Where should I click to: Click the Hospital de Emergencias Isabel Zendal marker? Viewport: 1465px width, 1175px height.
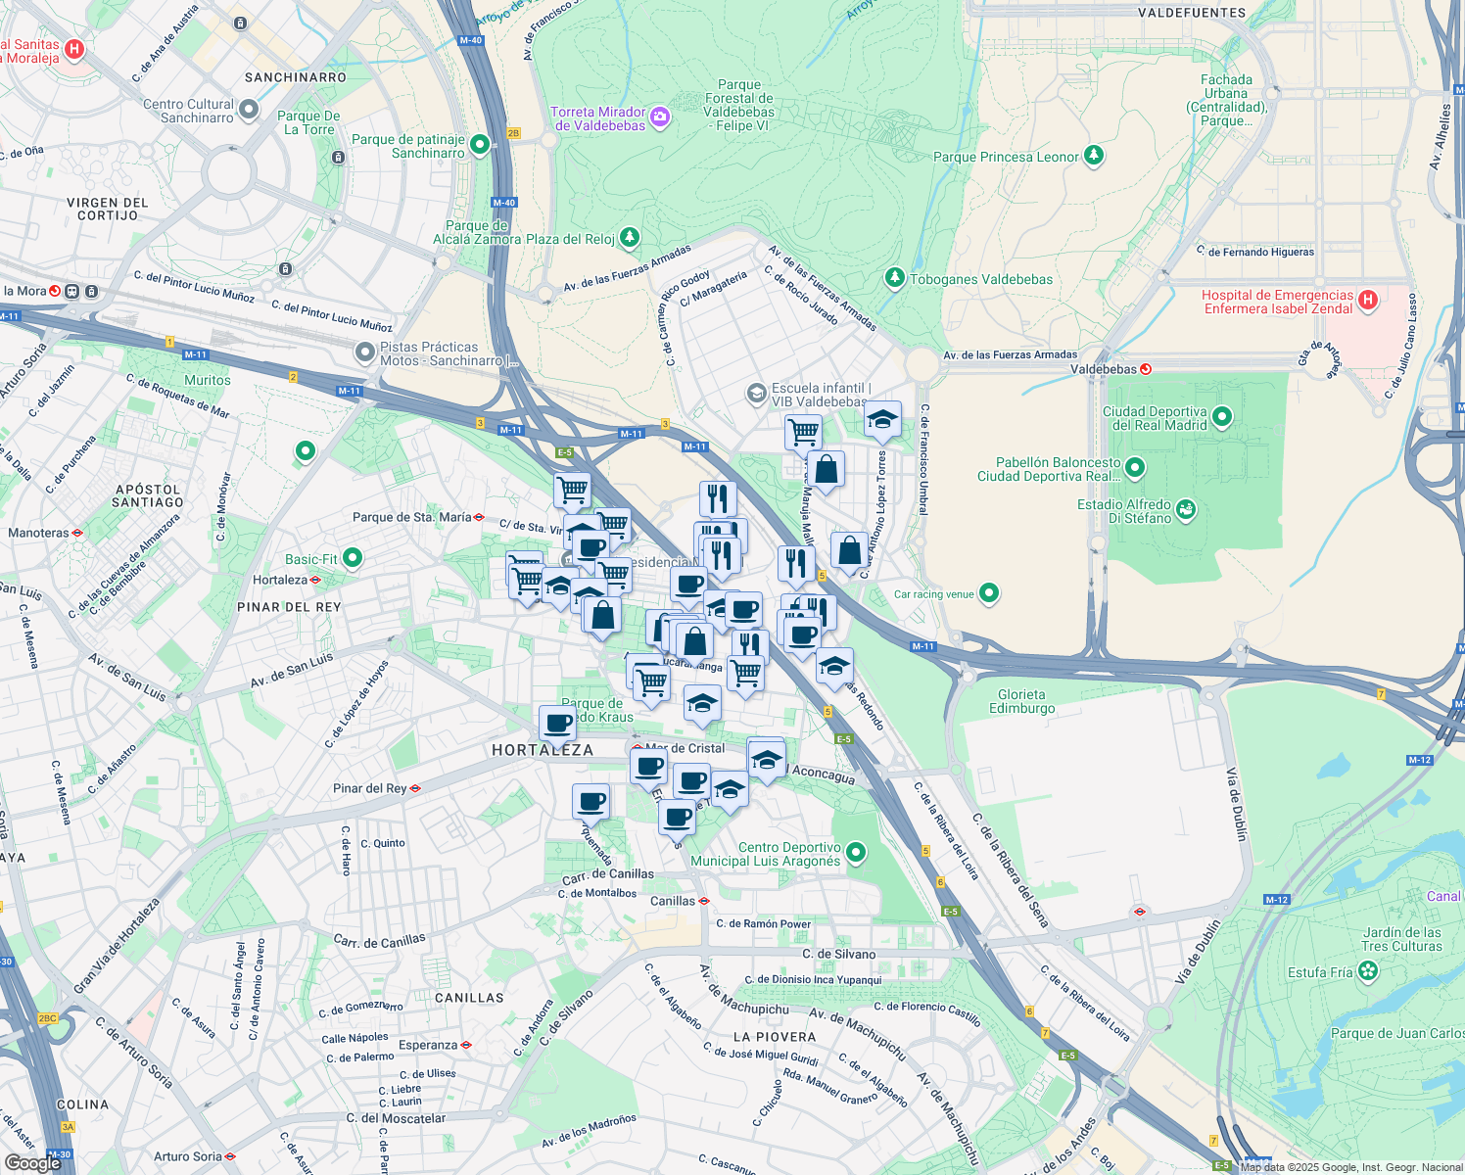[1368, 301]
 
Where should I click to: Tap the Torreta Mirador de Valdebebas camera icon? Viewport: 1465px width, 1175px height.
[660, 117]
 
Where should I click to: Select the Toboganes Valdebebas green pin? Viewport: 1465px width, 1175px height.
[894, 278]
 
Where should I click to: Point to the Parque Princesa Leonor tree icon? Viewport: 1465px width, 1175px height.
[1094, 156]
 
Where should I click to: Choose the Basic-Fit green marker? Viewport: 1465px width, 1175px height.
[353, 558]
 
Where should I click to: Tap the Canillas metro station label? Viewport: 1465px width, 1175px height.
[673, 901]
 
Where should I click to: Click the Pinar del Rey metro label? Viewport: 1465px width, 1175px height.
[370, 788]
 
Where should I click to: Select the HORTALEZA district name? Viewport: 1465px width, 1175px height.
[543, 750]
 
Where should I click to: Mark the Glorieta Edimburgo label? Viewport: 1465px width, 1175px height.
[1022, 701]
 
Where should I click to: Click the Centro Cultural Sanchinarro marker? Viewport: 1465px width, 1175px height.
[249, 110]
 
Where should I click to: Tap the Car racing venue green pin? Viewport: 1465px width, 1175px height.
[989, 592]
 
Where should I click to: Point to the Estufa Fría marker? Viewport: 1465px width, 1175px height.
[1368, 971]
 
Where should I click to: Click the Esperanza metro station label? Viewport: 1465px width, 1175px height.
[428, 1045]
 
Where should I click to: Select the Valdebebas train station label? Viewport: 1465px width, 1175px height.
[1104, 369]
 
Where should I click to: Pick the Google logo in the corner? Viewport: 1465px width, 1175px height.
[32, 1162]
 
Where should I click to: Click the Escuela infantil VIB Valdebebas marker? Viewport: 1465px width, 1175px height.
[756, 394]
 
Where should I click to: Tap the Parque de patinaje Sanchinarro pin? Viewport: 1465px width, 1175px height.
[479, 145]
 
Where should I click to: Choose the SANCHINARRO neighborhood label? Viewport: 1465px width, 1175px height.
[296, 77]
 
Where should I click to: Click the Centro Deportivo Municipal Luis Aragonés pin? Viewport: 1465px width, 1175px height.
[856, 853]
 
